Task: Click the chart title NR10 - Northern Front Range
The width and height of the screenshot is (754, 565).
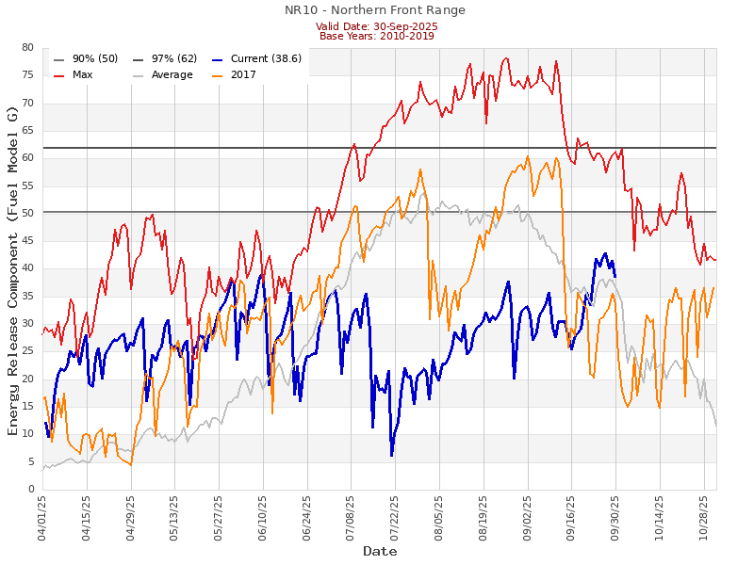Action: point(375,10)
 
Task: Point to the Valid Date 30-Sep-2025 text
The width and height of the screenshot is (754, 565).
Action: point(376,26)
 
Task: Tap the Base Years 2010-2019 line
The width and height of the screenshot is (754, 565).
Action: point(376,36)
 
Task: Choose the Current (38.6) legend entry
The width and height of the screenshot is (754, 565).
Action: point(265,58)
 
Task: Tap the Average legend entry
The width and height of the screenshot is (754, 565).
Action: point(171,74)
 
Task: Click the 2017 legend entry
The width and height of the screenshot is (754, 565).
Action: point(242,74)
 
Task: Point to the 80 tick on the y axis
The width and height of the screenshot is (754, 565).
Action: point(27,48)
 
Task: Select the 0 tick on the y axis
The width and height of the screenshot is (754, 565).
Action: point(30,490)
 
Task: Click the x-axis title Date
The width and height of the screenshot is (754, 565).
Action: point(380,551)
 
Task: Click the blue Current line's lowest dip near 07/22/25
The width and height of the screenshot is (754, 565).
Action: point(391,456)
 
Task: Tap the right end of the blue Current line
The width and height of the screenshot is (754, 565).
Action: point(615,276)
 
